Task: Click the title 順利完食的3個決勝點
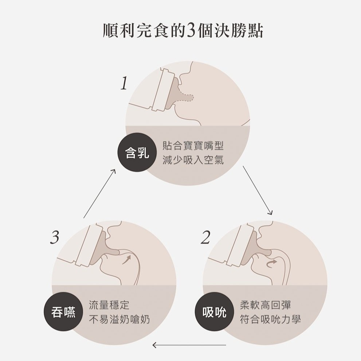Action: pos(183,31)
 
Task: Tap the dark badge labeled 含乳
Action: pos(137,152)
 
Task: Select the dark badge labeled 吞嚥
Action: pos(63,312)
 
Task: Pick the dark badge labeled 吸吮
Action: pos(214,312)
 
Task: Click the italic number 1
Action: pos(124,83)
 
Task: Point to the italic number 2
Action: pos(205,238)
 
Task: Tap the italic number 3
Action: pos(55,238)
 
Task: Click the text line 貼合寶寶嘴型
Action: pos(193,146)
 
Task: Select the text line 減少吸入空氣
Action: pos(193,160)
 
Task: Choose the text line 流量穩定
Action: pos(109,305)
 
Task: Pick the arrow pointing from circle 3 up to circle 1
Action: pos(99,193)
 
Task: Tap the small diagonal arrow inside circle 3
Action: pos(126,259)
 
